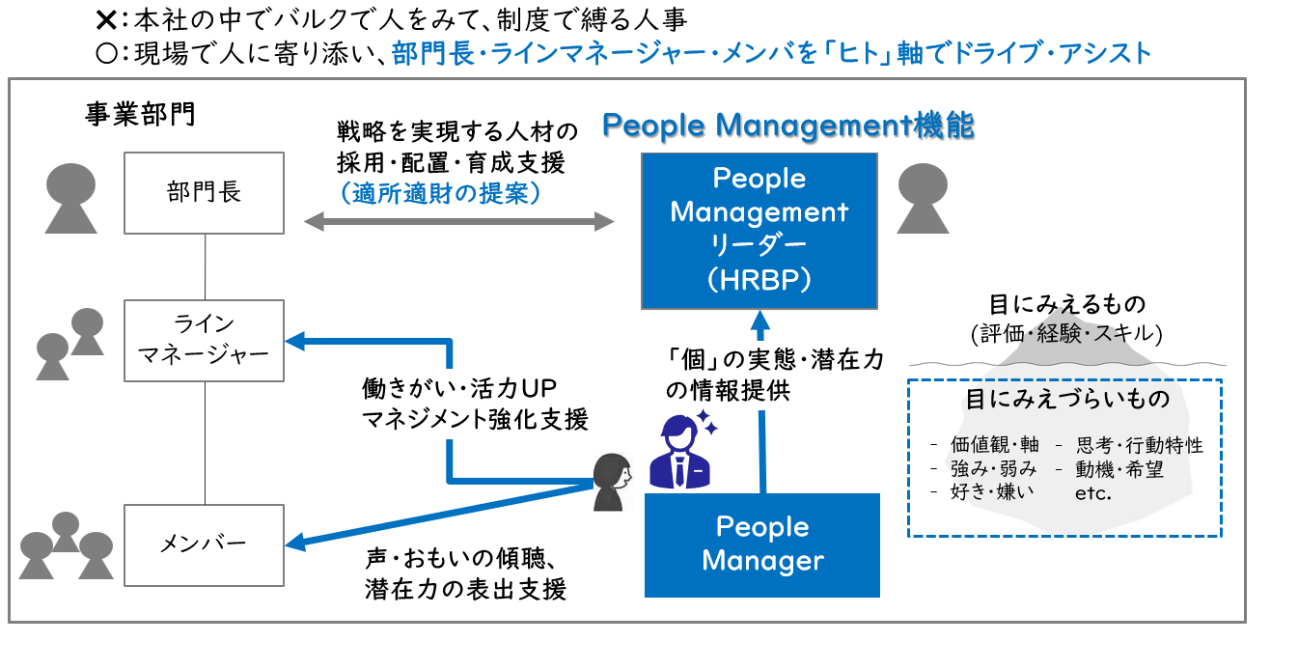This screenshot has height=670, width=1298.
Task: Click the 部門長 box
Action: [x=205, y=192]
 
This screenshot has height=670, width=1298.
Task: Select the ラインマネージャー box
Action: [x=205, y=340]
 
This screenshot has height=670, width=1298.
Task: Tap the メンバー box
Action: [x=205, y=544]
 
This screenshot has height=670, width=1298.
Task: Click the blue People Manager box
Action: [x=762, y=544]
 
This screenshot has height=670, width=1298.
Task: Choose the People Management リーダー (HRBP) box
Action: [x=759, y=230]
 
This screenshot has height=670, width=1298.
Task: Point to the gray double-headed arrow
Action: [x=459, y=222]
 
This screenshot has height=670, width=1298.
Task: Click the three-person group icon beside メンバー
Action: [x=66, y=545]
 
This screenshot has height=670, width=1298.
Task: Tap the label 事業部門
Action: [x=140, y=115]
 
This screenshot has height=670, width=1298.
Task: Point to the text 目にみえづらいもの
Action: [x=1067, y=399]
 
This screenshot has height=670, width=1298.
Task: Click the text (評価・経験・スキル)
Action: [x=1066, y=334]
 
